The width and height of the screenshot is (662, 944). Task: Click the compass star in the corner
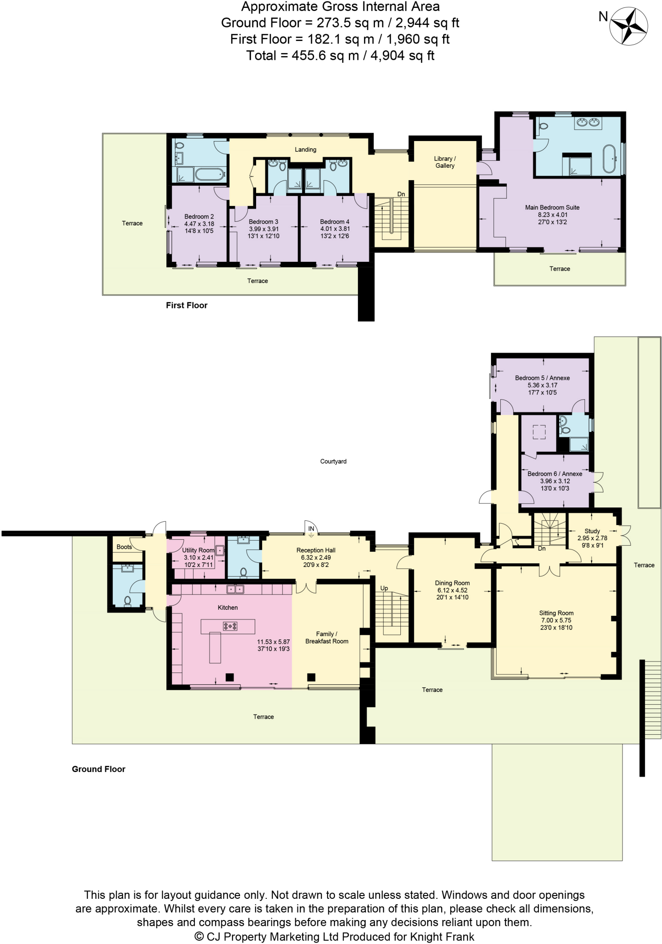click(628, 27)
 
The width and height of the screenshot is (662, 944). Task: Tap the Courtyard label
click(333, 461)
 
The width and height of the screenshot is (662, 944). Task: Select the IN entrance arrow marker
click(311, 531)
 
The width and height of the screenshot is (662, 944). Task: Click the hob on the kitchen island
click(230, 626)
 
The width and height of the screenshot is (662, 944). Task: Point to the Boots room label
click(124, 547)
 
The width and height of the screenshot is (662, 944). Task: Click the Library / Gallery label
click(445, 162)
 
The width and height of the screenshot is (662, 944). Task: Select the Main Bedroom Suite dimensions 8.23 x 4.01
click(552, 215)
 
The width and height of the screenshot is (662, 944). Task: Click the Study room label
click(592, 531)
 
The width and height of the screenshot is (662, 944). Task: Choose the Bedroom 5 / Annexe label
click(542, 378)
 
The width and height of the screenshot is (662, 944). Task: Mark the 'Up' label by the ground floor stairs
click(384, 588)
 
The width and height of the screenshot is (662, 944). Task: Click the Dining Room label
click(452, 583)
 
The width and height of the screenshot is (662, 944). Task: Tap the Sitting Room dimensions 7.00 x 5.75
click(556, 620)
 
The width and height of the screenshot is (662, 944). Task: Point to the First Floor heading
click(187, 305)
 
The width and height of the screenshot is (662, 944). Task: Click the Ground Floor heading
click(99, 769)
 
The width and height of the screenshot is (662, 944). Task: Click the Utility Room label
click(198, 550)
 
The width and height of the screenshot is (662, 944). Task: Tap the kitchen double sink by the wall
click(235, 589)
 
